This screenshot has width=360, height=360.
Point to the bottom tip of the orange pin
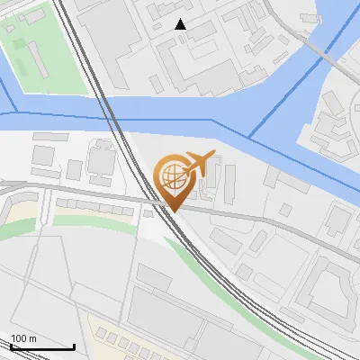(x=173, y=211)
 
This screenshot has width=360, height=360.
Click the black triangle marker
(x=181, y=24)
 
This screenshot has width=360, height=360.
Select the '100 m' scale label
(x=24, y=338)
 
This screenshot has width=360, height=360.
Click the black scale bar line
(x=42, y=346)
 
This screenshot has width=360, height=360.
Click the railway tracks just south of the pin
(x=193, y=243)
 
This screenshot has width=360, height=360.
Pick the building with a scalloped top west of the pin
(x=100, y=162)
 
